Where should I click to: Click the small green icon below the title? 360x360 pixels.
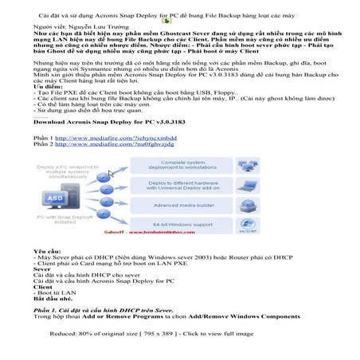166,19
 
